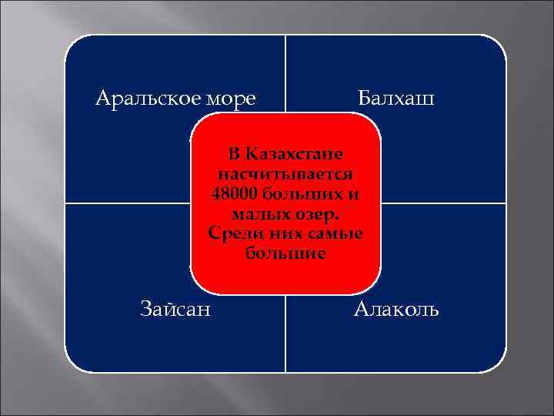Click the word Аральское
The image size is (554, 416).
tap(142, 99)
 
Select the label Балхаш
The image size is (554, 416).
tap(396, 99)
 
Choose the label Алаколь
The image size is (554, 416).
tap(396, 310)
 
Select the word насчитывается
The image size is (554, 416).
tap(285, 172)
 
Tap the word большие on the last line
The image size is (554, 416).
tap(285, 252)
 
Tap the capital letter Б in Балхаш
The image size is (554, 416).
tap(365, 99)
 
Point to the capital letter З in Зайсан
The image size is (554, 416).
tap(148, 310)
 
